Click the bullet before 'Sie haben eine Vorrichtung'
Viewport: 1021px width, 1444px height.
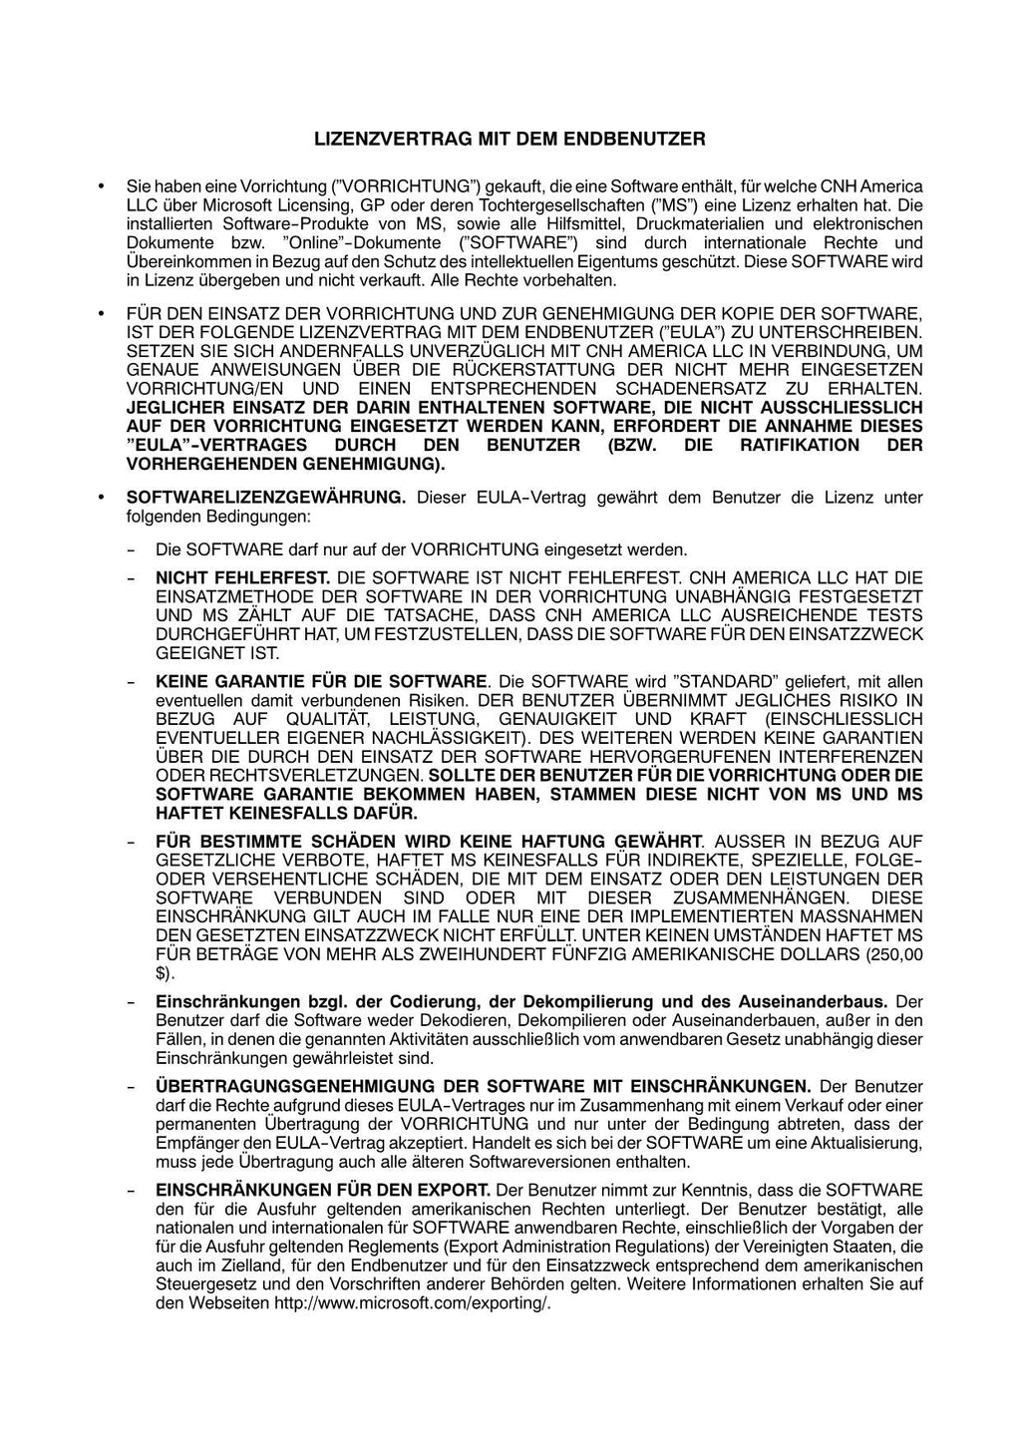101,186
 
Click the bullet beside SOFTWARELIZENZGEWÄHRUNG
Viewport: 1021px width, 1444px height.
101,498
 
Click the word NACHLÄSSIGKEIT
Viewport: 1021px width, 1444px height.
450,738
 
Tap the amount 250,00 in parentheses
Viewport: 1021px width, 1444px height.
894,954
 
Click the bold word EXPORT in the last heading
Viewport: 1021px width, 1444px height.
459,1190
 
